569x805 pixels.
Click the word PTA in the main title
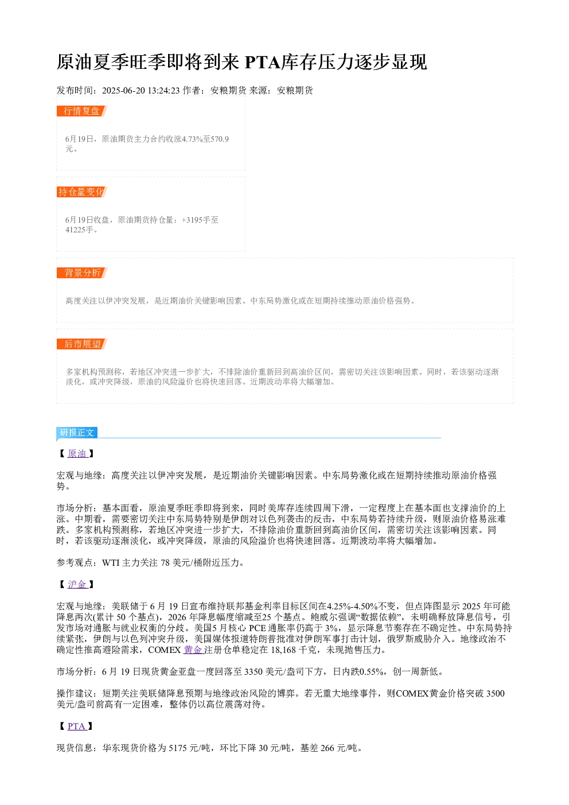coord(263,63)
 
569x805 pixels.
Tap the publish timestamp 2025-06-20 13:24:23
coord(141,91)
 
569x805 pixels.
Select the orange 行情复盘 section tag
coord(81,111)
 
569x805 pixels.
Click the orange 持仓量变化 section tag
coord(81,192)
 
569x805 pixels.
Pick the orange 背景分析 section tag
coord(81,273)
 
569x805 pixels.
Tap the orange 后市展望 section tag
coord(81,344)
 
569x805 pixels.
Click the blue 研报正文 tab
coord(77,432)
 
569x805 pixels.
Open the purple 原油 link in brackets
coord(77,453)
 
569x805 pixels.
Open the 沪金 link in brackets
coord(77,584)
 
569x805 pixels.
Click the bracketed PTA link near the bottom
coord(77,726)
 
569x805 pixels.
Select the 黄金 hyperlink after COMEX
coord(194,650)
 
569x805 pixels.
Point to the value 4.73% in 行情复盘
coord(192,139)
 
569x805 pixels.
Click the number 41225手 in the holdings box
coord(79,230)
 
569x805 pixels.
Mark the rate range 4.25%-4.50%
coord(352,606)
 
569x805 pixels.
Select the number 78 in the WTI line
coord(165,563)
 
